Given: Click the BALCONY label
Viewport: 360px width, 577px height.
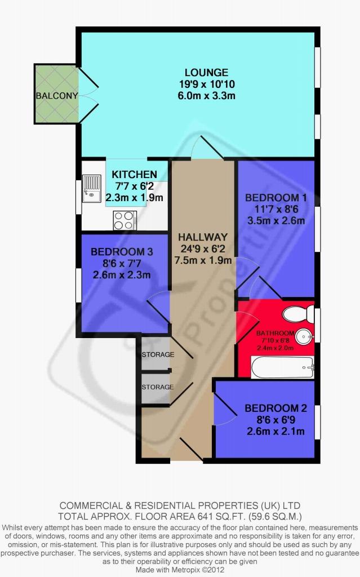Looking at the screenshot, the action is pyautogui.click(x=57, y=96).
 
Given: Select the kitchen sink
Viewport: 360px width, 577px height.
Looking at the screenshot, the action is pyautogui.click(x=91, y=189).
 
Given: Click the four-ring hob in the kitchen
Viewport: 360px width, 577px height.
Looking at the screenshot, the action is pyautogui.click(x=125, y=220).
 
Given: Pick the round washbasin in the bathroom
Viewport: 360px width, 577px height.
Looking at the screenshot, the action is pyautogui.click(x=305, y=336).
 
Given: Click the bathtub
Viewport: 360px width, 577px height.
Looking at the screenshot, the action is pyautogui.click(x=282, y=367).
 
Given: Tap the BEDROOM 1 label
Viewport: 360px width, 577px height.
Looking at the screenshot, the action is pyautogui.click(x=275, y=198).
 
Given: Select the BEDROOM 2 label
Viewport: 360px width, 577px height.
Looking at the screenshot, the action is pyautogui.click(x=275, y=408).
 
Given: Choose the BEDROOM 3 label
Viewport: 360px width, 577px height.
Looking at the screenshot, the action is pyautogui.click(x=122, y=252).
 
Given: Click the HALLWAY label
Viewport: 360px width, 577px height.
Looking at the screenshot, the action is pyautogui.click(x=203, y=237).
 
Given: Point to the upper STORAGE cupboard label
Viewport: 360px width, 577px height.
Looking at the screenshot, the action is pyautogui.click(x=158, y=354).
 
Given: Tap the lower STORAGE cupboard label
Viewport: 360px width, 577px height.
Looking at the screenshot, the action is pyautogui.click(x=158, y=387).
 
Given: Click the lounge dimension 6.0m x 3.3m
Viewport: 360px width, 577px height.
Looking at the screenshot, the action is pyautogui.click(x=207, y=96).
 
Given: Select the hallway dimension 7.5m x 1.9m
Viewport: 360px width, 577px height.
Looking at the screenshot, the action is pyautogui.click(x=203, y=260).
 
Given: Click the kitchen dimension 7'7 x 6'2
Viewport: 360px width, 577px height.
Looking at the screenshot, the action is pyautogui.click(x=134, y=186).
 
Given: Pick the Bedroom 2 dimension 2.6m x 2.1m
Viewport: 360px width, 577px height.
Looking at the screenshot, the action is pyautogui.click(x=275, y=431).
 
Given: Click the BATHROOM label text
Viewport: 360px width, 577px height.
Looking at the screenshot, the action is pyautogui.click(x=275, y=333).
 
